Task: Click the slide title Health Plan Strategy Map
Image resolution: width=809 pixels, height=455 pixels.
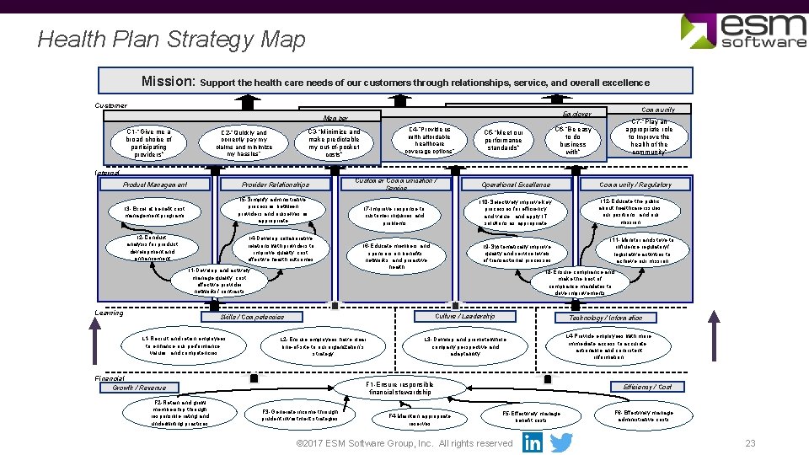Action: [x=171, y=40]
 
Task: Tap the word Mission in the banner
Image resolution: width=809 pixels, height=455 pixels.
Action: [x=169, y=82]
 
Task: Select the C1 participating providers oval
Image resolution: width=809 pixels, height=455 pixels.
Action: [x=148, y=143]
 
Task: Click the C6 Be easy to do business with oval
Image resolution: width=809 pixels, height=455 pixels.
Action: [x=573, y=141]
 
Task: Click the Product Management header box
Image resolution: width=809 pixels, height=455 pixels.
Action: [x=154, y=185]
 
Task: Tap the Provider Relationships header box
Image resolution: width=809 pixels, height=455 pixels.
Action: [x=276, y=185]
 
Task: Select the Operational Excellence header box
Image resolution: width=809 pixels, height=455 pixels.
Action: [x=516, y=185]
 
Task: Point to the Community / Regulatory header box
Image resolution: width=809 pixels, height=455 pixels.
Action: [x=636, y=185]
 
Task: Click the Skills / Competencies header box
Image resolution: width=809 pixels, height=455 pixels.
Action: [x=252, y=318]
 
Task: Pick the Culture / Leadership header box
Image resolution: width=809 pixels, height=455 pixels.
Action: [x=463, y=317]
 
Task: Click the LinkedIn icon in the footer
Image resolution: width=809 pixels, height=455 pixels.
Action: [x=533, y=442]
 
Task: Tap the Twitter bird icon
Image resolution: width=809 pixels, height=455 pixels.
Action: [x=560, y=442]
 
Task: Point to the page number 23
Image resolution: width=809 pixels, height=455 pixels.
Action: [x=750, y=444]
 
